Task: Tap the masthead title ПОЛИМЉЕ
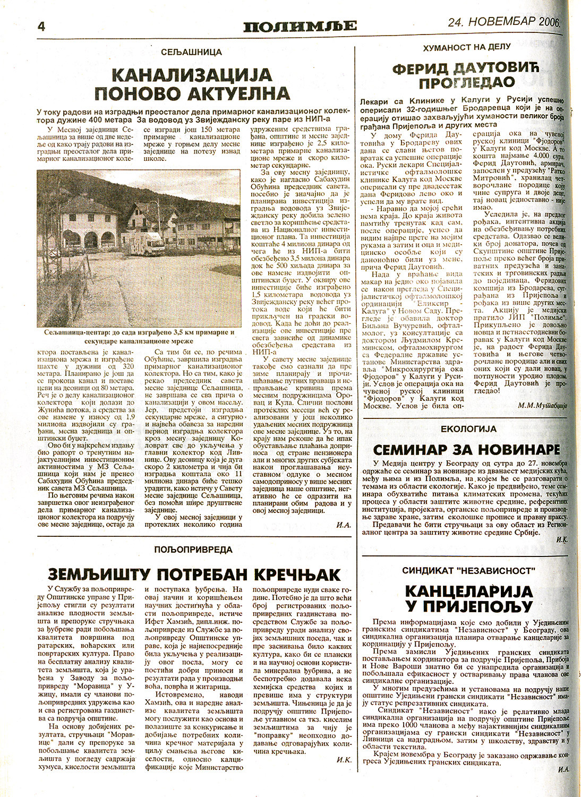coord(300,25)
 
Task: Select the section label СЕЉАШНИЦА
coord(192,52)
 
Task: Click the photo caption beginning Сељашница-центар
coord(136,337)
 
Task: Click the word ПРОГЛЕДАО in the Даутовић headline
coord(466,83)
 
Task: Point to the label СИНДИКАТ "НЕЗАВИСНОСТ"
coord(468,571)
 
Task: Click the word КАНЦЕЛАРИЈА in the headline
coord(468,591)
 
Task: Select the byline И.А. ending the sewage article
coord(344,525)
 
